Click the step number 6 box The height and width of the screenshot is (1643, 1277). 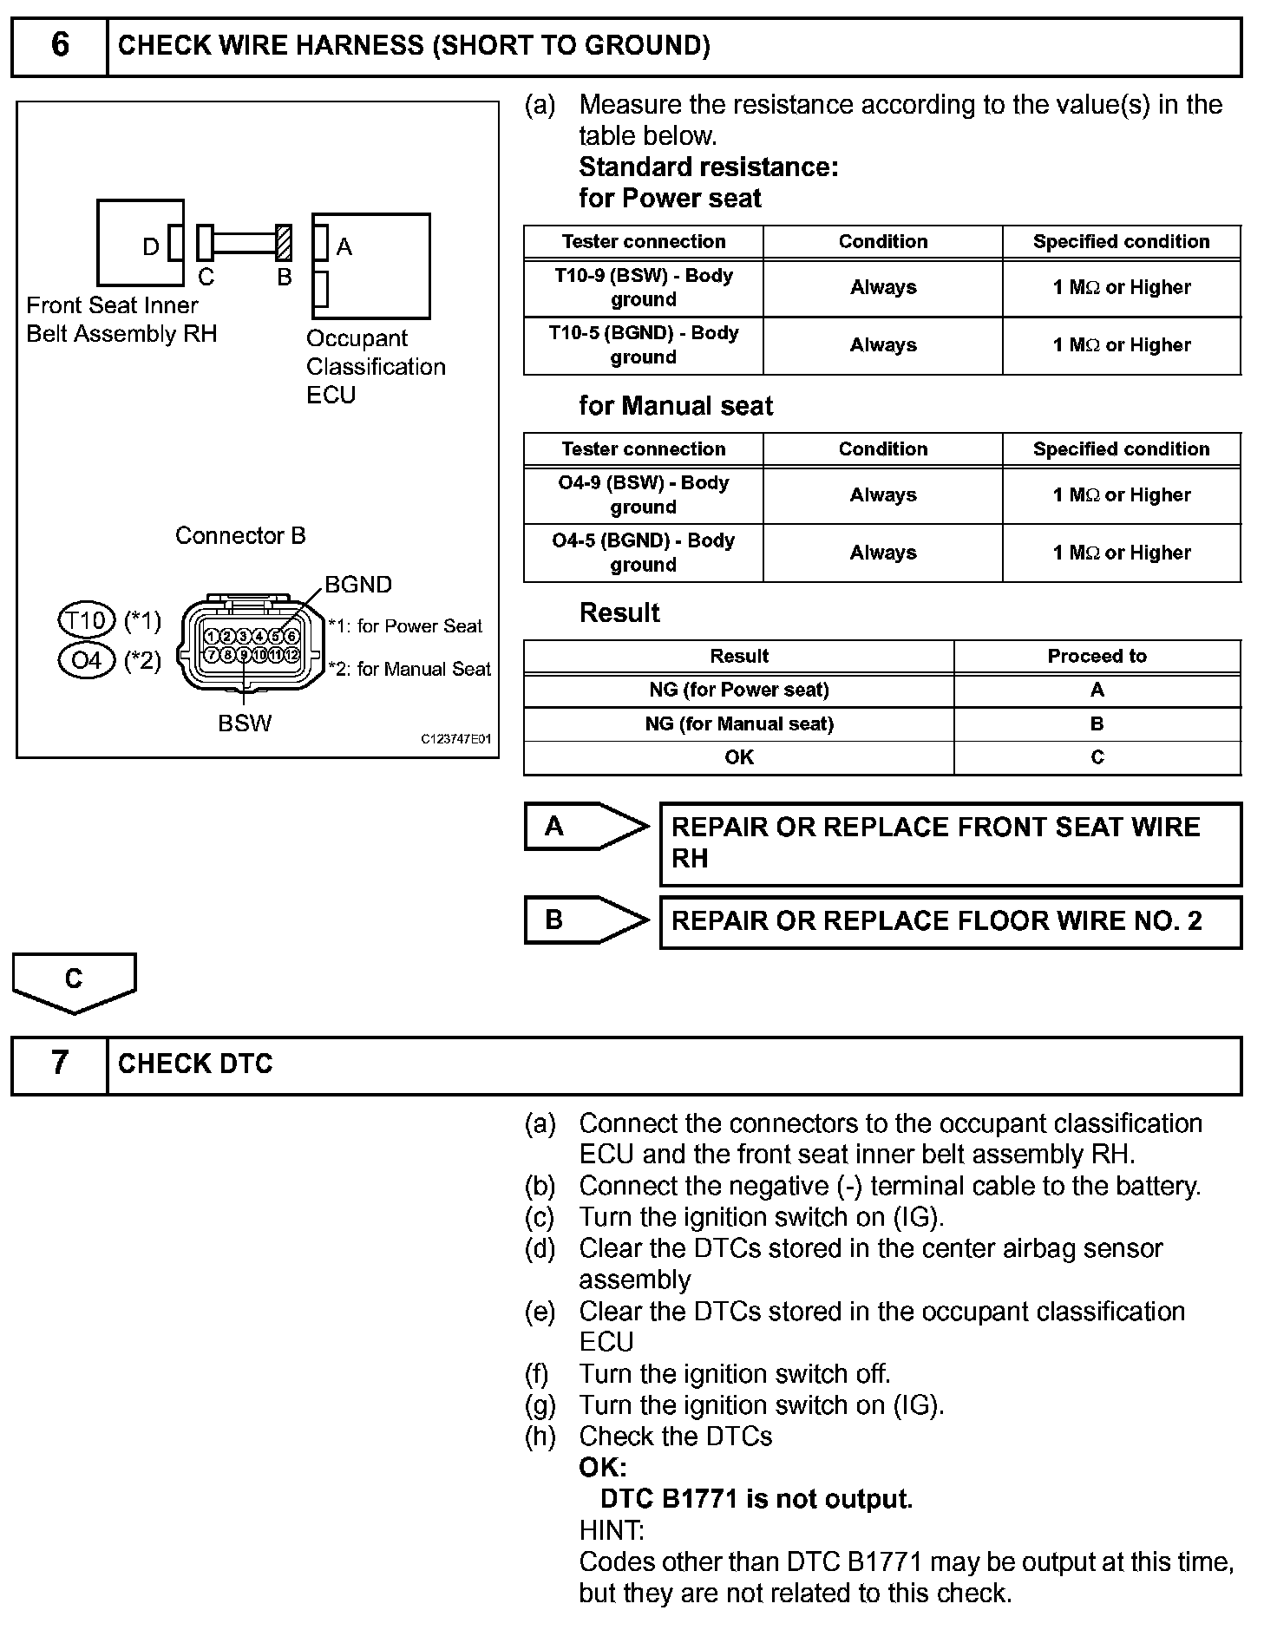pos(59,47)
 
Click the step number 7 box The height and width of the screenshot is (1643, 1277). pos(59,1064)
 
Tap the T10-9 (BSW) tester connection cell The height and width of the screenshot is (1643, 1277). pos(643,287)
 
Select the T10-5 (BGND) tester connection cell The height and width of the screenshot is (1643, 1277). pos(643,345)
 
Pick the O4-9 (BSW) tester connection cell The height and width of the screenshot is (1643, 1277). pos(643,494)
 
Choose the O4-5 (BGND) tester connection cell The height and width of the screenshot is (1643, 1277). pos(643,553)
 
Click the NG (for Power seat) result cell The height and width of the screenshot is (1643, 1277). pos(738,691)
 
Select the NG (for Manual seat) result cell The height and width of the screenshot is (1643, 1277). pos(738,724)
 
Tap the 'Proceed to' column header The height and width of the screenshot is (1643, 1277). pos(1097,657)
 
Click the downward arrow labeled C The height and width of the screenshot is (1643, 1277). pos(74,981)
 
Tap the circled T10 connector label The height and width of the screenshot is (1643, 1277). pos(87,620)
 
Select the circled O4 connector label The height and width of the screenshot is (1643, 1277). pos(87,661)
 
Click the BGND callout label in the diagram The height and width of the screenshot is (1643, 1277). pos(358,585)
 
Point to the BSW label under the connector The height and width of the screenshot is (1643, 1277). pos(245,723)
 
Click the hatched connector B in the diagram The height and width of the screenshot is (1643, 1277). pos(283,243)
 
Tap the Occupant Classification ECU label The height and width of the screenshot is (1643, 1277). pos(375,366)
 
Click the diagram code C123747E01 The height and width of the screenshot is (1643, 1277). pos(456,739)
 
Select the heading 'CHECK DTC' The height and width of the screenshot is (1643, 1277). pos(195,1064)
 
